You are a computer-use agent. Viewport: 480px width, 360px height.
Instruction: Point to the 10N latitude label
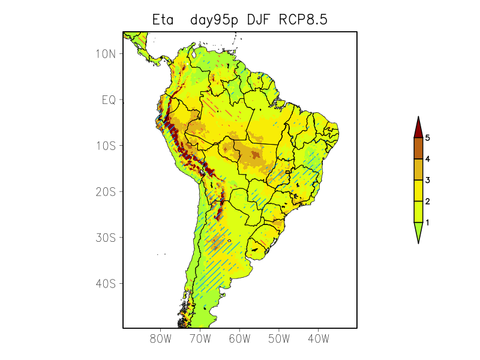pos(105,54)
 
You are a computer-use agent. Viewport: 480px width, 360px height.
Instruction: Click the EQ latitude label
pos(108,100)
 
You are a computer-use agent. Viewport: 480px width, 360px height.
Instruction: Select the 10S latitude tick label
pos(105,146)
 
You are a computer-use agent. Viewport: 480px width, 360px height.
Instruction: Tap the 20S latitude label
pos(105,192)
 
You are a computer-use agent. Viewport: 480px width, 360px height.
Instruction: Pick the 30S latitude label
pos(105,238)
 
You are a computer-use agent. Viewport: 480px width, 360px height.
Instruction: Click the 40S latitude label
pos(105,283)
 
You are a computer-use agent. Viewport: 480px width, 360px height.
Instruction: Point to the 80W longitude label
pos(161,339)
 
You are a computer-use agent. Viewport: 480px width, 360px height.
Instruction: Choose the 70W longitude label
pos(200,339)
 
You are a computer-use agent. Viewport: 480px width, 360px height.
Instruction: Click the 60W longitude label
pos(239,339)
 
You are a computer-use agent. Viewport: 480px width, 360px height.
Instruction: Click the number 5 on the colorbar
pos(428,138)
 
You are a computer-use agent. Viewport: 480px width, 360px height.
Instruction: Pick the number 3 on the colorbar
pos(428,180)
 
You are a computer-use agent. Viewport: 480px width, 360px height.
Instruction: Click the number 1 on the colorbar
pos(428,223)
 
